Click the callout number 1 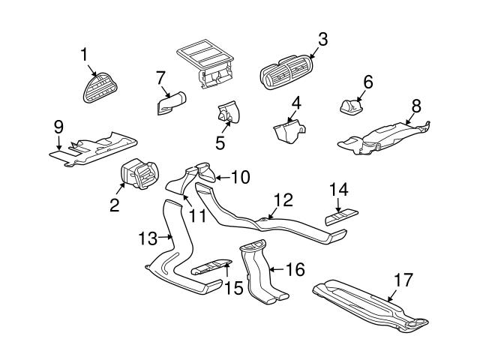pyautogui.click(x=85, y=54)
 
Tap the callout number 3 pyautogui.click(x=322, y=40)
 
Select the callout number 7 pyautogui.click(x=160, y=76)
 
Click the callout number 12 pyautogui.click(x=282, y=201)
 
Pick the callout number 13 pyautogui.click(x=148, y=238)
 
